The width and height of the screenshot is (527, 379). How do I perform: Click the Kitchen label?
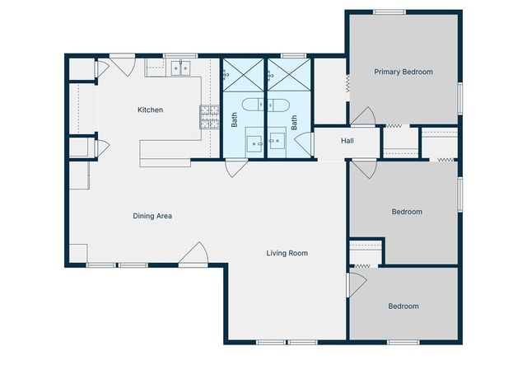tap(150, 110)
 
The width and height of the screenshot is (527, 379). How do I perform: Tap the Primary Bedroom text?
tap(403, 72)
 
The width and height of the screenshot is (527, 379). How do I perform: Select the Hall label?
tap(347, 141)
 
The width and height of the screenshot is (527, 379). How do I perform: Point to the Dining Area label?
tap(152, 216)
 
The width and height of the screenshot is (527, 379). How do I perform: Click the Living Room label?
tap(287, 253)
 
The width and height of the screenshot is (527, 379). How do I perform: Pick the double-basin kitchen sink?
tap(181, 68)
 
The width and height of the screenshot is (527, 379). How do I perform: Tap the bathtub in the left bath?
tap(254, 105)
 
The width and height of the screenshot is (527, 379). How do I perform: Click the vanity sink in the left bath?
tap(254, 141)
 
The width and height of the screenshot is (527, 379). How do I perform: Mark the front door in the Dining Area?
tap(194, 255)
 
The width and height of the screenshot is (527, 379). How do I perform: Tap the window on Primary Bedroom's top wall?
tap(389, 12)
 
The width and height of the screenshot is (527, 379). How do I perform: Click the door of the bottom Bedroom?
tap(356, 285)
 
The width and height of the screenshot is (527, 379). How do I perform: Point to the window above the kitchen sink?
tap(175, 56)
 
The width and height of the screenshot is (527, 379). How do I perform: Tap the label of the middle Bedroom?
tap(406, 212)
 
